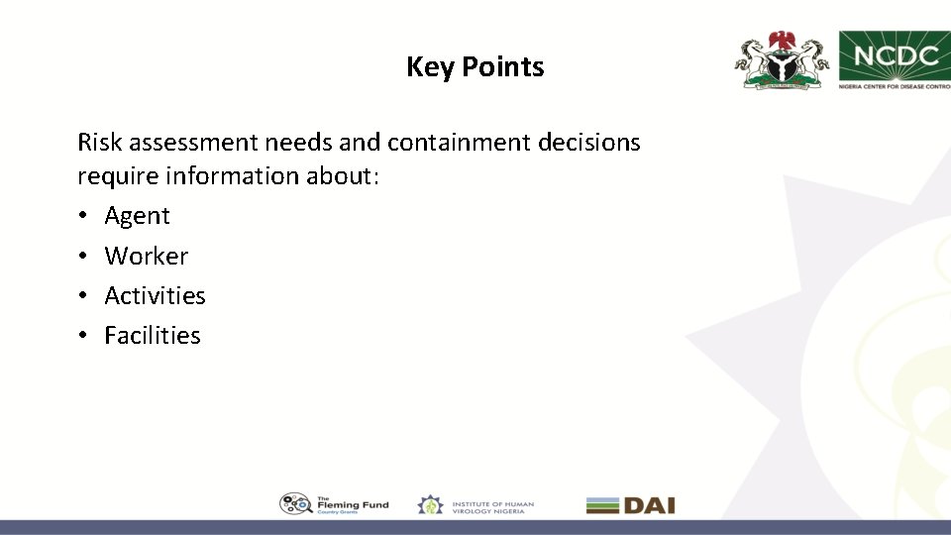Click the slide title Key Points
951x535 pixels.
coord(475,67)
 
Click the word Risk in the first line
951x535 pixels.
coord(99,143)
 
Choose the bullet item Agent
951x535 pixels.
coord(137,216)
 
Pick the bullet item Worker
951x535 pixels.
coord(146,256)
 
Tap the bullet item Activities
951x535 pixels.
coord(155,295)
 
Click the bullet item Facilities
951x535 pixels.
coord(153,336)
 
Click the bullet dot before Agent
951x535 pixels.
coord(83,216)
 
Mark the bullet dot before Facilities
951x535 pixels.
coord(83,336)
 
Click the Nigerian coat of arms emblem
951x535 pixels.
coord(781,60)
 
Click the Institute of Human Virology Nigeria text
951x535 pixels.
coord(492,505)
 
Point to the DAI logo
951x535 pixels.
coord(630,505)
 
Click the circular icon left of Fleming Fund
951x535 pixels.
coord(296,504)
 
